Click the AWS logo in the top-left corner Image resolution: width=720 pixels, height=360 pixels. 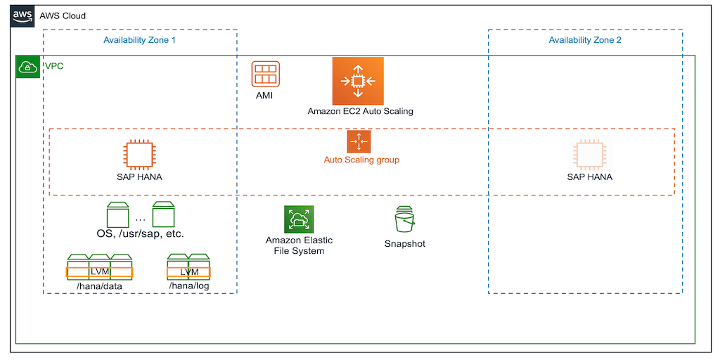tap(22, 16)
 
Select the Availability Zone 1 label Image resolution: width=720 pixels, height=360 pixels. tap(139, 40)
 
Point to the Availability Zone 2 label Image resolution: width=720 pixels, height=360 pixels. tap(585, 40)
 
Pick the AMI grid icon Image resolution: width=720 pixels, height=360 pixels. tap(265, 75)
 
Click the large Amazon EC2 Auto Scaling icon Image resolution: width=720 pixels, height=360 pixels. tap(358, 81)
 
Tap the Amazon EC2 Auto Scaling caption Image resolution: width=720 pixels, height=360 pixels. tap(360, 111)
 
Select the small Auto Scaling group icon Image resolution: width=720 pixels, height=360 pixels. tap(359, 141)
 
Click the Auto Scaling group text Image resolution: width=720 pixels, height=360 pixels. tap(361, 160)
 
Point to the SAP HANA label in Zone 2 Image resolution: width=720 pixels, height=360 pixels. tap(589, 176)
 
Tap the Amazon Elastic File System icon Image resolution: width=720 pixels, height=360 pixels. tap(299, 219)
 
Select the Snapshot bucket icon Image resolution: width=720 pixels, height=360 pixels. tap(404, 220)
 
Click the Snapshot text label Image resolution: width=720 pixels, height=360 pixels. tap(404, 244)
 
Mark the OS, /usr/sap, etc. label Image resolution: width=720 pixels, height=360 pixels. tap(140, 233)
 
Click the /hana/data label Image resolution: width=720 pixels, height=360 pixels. tap(99, 286)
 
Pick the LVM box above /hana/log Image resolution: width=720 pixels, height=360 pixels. tap(188, 272)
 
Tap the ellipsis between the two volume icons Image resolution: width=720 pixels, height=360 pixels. tap(140, 217)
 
